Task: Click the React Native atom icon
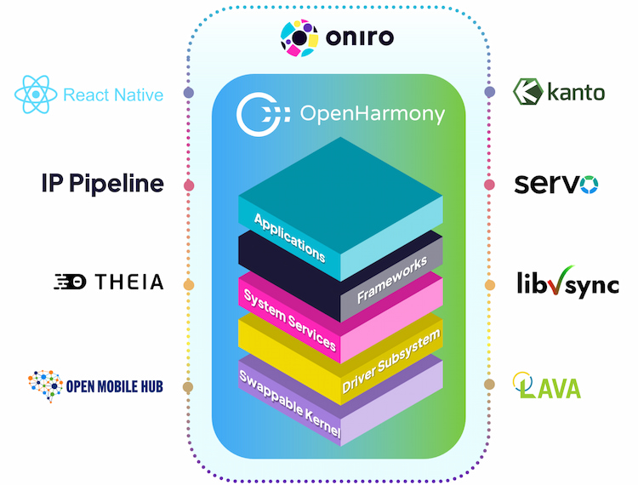pos(37,94)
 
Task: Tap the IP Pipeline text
pos(102,184)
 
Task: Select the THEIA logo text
pos(108,282)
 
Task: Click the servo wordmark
pos(556,184)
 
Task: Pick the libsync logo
pos(567,283)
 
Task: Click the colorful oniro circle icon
pos(299,37)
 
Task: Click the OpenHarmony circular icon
pos(255,113)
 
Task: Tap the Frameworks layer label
pos(392,282)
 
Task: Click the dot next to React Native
pos(189,92)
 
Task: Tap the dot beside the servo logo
pos(489,185)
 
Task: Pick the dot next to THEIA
pos(189,284)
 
